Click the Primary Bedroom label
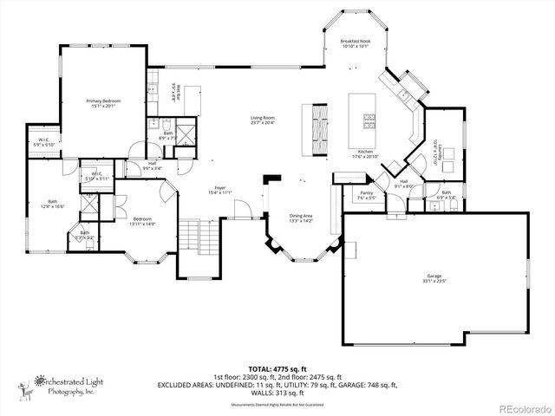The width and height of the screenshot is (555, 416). (x=103, y=104)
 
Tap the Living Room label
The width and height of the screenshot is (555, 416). (x=263, y=120)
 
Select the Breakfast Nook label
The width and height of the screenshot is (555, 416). (x=356, y=44)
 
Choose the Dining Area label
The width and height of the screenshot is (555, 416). (x=301, y=218)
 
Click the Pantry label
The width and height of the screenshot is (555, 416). (x=367, y=195)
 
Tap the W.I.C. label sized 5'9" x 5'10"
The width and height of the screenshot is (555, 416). (x=43, y=142)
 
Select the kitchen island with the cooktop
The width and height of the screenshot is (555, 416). (x=364, y=114)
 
